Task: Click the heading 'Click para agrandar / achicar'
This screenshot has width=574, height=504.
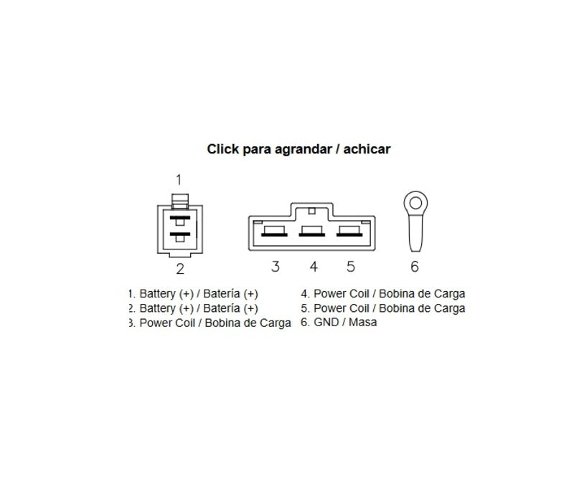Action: pos(298,149)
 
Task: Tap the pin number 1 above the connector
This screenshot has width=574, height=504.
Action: pos(179,180)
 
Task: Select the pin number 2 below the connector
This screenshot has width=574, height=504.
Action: pos(180,269)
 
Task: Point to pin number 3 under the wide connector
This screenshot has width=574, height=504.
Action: pos(276,266)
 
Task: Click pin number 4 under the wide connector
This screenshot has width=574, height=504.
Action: pos(314,266)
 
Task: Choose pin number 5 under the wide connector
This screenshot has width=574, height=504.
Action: pos(351,266)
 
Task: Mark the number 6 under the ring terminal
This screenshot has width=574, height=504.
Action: pos(415,266)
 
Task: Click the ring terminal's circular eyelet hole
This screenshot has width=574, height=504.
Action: pos(415,203)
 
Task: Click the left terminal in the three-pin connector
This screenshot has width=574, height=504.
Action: pos(274,232)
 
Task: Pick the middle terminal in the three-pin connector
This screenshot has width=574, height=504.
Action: pos(312,232)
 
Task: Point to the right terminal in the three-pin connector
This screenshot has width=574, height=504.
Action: pos(349,232)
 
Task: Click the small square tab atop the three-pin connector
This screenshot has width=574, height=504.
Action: pos(312,211)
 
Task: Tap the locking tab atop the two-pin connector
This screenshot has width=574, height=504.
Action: pos(180,201)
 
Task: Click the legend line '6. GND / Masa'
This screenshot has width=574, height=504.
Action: pos(339,322)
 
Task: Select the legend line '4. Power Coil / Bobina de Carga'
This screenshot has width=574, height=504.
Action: pos(383,294)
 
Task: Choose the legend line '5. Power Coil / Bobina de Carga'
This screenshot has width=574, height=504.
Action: pos(383,308)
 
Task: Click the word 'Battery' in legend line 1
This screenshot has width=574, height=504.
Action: pos(157,294)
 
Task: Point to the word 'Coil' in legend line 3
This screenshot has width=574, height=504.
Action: pos(185,323)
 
